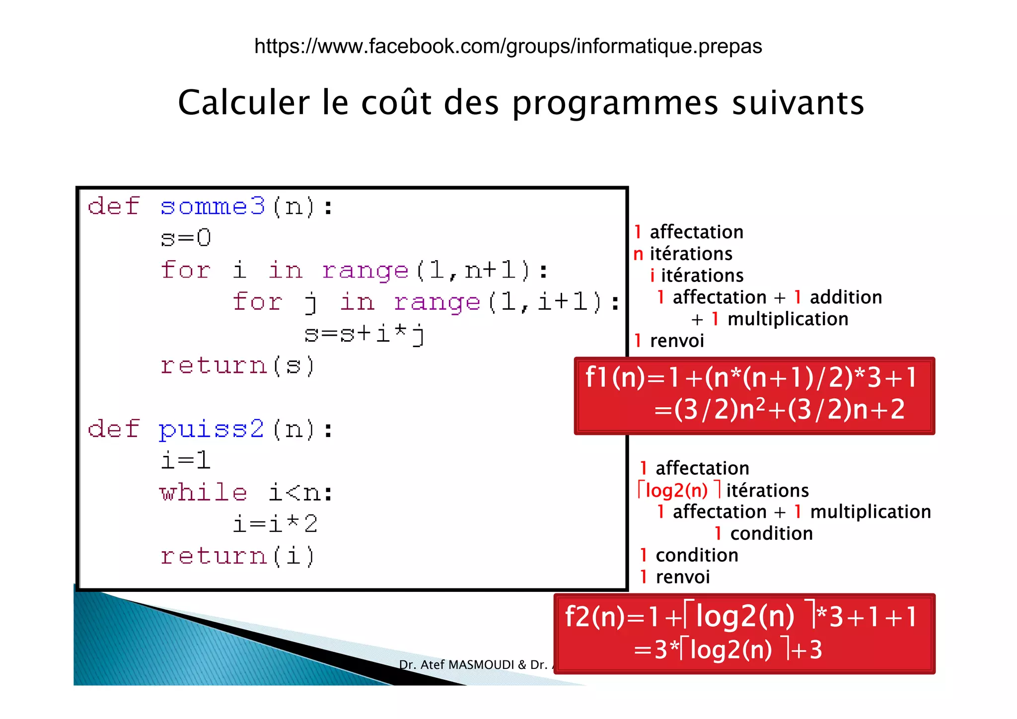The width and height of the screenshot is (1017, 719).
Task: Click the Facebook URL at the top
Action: [508, 46]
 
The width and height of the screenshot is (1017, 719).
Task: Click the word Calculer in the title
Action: [243, 103]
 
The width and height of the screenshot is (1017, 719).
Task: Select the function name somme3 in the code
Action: [213, 206]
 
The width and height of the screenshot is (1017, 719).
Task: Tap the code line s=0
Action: [186, 238]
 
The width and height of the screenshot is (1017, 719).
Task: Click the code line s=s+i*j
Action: [365, 334]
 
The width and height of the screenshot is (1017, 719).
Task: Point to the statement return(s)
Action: [237, 366]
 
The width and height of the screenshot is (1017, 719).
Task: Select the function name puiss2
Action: [212, 429]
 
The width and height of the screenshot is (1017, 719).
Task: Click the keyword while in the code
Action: [203, 493]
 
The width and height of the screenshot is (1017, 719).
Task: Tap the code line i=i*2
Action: [275, 524]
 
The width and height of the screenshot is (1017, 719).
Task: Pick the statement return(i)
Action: [237, 556]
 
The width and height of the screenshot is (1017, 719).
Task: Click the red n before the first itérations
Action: [639, 254]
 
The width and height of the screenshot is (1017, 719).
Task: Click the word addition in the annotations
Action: [846, 297]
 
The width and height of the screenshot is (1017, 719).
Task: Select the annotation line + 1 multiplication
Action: [770, 319]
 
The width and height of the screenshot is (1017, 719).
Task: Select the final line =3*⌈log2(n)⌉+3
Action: [728, 649]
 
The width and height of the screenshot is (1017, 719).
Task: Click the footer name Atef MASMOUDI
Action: [467, 664]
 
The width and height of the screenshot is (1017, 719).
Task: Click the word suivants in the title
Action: [798, 103]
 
